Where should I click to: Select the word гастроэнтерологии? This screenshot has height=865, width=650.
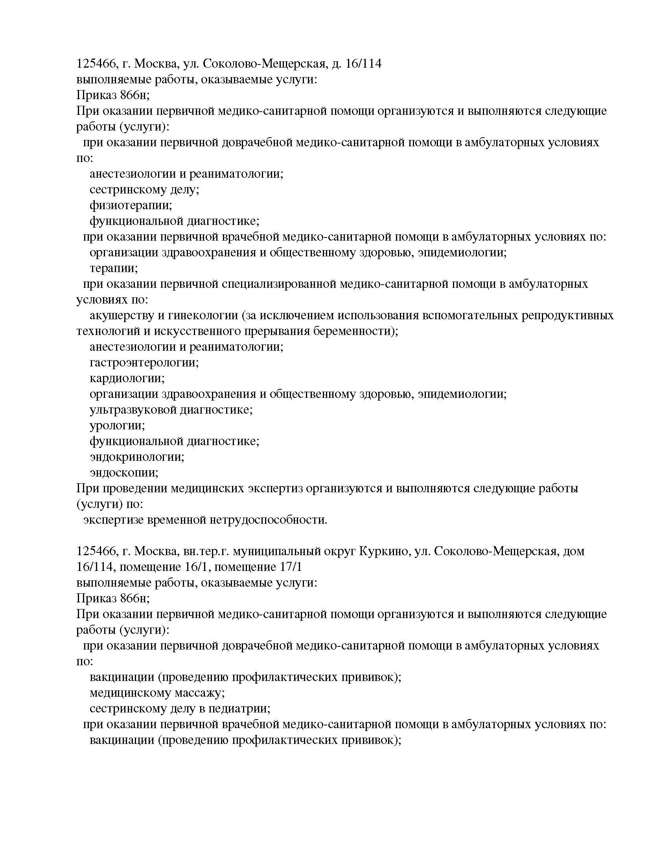[x=144, y=363]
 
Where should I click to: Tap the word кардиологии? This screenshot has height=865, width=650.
[x=127, y=378]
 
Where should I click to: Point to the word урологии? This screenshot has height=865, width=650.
[x=117, y=425]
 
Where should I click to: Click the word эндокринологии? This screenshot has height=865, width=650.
[x=137, y=457]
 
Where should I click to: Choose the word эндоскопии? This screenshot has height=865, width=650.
[x=124, y=473]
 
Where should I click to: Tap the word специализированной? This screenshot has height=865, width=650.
[x=278, y=284]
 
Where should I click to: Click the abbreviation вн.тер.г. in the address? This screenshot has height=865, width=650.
[x=206, y=551]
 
